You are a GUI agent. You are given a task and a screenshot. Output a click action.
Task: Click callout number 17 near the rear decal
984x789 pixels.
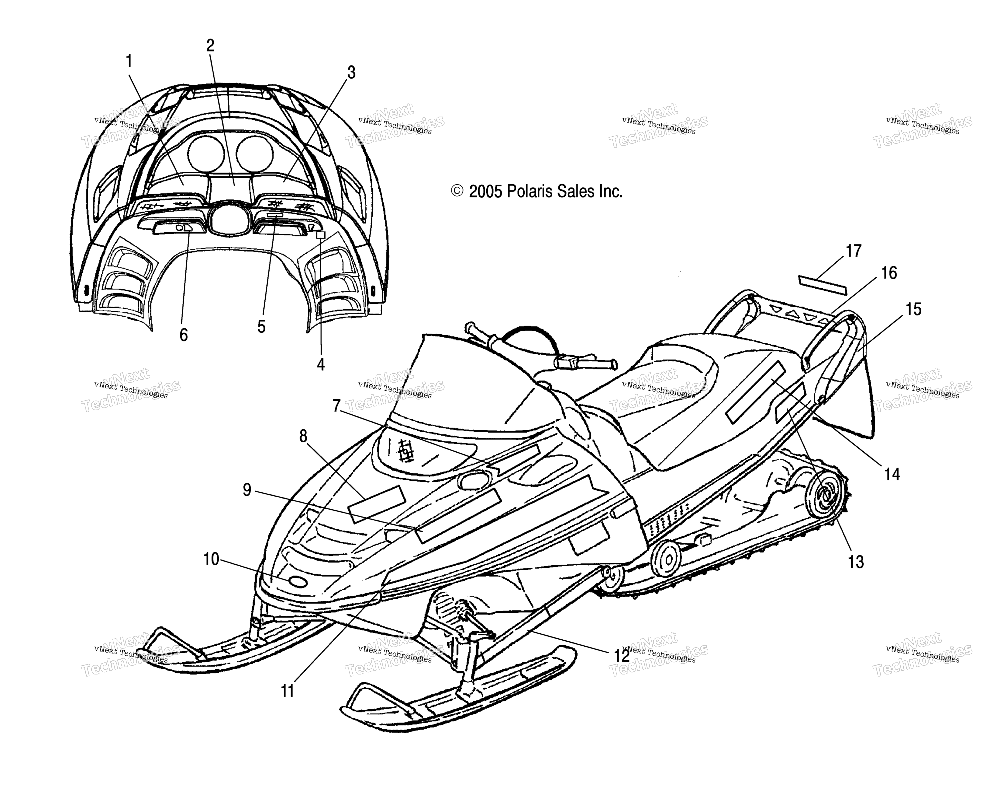point(853,251)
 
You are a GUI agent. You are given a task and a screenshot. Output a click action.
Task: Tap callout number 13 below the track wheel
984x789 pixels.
point(856,562)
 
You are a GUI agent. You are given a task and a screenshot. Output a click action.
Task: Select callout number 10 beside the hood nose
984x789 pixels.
point(211,559)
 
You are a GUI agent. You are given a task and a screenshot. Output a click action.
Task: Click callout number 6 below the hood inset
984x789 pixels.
point(184,335)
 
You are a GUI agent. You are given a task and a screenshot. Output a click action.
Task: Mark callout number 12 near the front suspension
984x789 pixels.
point(622,656)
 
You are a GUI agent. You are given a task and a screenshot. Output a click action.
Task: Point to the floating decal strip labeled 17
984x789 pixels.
point(822,285)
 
